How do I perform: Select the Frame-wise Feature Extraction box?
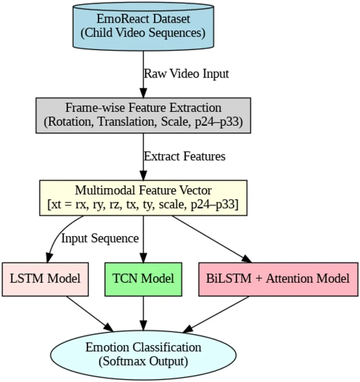point(143,115)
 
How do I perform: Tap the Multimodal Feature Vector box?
point(143,197)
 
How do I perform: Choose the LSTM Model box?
point(45,279)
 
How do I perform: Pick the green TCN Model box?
point(143,279)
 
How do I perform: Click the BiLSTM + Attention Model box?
point(278,279)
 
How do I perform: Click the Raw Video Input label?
point(186,74)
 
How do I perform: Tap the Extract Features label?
point(184,156)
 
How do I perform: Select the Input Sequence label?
point(100,238)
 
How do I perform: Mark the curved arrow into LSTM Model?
point(56,239)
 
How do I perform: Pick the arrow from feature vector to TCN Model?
point(143,239)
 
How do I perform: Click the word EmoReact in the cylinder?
point(119,19)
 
